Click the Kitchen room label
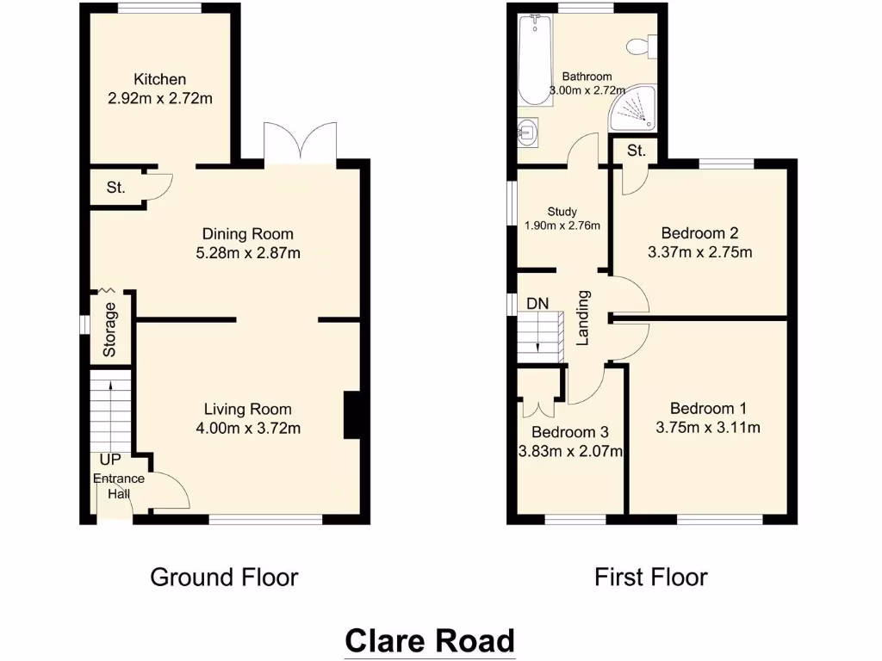(x=159, y=79)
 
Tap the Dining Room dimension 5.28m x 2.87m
(x=247, y=253)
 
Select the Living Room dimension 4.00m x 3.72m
(x=247, y=428)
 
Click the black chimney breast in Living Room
(x=352, y=415)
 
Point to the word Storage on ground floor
(x=110, y=330)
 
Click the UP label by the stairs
(x=109, y=460)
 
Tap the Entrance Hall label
(x=120, y=486)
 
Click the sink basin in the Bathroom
(x=529, y=133)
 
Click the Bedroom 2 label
(x=699, y=233)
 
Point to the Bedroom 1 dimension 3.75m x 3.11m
(x=708, y=428)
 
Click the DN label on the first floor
(x=538, y=303)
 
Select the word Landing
(x=583, y=318)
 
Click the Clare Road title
(x=430, y=641)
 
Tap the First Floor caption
(x=650, y=577)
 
